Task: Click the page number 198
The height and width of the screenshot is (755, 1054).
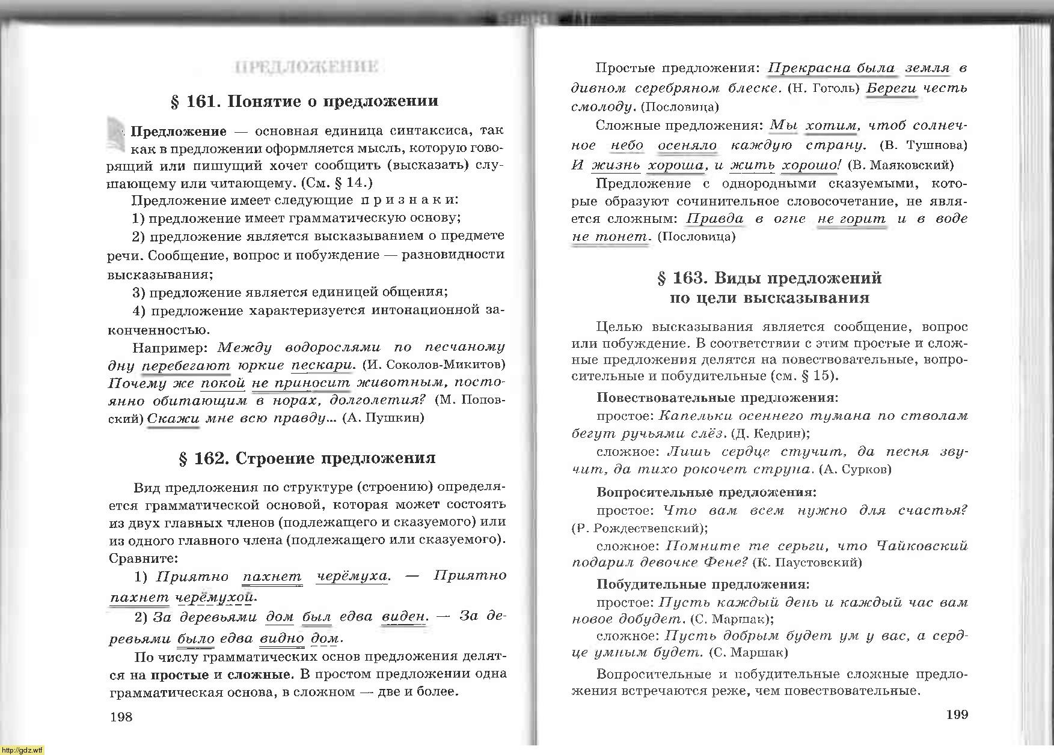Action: [x=121, y=716]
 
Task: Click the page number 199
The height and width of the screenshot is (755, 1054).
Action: [x=957, y=714]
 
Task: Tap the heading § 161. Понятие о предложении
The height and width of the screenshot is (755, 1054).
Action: [x=304, y=101]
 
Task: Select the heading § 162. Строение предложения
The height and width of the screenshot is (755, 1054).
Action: [x=307, y=458]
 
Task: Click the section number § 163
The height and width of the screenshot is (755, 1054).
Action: [x=681, y=278]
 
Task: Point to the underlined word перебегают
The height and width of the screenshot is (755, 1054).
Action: [x=186, y=365]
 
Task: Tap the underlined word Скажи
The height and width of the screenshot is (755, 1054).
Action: [x=173, y=418]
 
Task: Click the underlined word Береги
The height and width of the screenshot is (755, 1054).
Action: [x=892, y=88]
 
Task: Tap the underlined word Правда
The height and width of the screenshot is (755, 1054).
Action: [x=715, y=219]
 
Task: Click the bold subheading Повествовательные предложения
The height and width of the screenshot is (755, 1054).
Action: [x=717, y=398]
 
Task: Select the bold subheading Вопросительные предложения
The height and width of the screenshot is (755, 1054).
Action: [x=706, y=493]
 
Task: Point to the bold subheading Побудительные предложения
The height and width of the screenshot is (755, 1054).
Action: [x=703, y=584]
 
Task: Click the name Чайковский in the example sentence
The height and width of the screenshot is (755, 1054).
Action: [x=922, y=546]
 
